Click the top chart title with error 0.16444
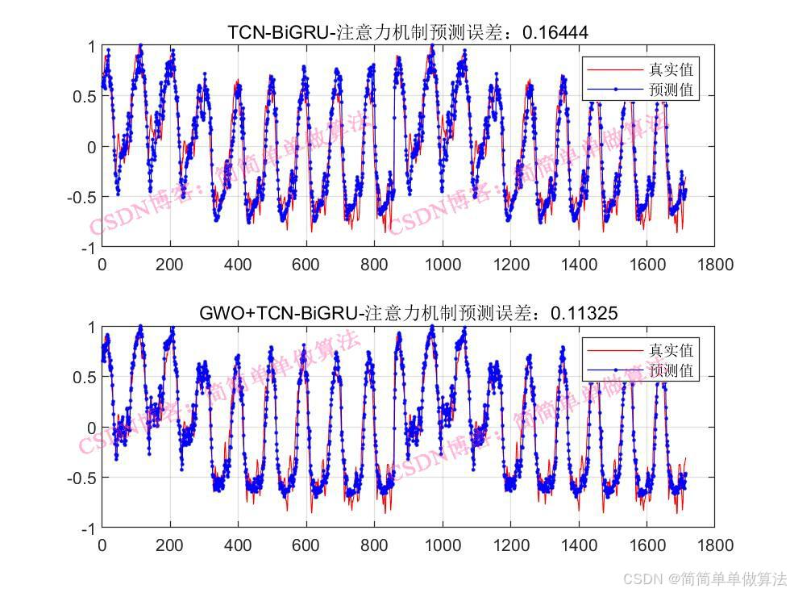(x=408, y=32)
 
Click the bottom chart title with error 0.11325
(x=408, y=313)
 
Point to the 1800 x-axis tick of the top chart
(x=715, y=264)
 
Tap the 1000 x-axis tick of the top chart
(x=442, y=264)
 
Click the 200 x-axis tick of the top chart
(x=169, y=264)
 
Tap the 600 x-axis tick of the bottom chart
(x=306, y=545)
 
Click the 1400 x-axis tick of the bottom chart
(x=578, y=545)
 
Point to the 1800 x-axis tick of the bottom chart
(x=715, y=545)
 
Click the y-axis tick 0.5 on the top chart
(x=85, y=96)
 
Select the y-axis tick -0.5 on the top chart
(x=81, y=197)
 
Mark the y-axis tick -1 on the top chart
(x=87, y=247)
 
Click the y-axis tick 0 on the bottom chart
(x=91, y=428)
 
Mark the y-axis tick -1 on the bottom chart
(x=87, y=528)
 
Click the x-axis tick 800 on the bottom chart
(x=373, y=545)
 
